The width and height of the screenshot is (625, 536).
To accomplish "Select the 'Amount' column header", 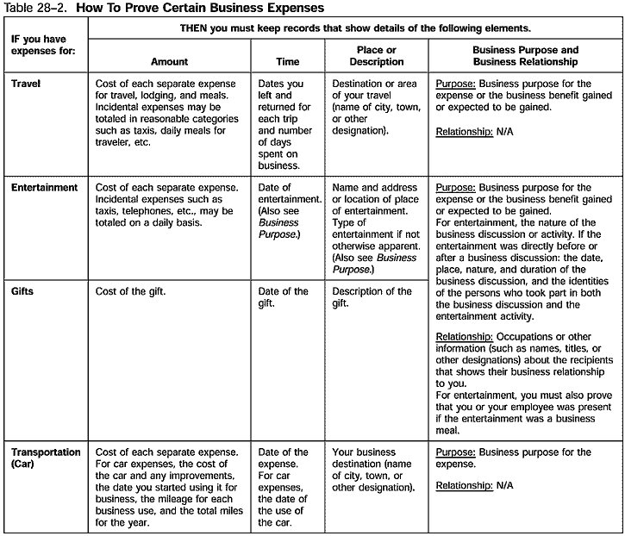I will pos(169,62).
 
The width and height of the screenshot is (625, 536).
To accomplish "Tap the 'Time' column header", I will pos(288,62).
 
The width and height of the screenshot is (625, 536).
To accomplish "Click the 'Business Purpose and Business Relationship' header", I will pos(526,56).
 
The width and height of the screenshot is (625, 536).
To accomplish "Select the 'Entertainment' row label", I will pos(45,187).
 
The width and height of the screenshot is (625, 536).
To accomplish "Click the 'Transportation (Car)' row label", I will pos(46,458).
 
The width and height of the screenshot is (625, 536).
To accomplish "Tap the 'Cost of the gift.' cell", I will pos(130,291).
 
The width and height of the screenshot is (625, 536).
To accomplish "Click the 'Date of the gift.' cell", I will pos(283,297).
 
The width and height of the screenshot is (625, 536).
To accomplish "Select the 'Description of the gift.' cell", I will pos(372,297).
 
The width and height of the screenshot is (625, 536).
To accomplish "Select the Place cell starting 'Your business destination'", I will pos(372,470).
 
